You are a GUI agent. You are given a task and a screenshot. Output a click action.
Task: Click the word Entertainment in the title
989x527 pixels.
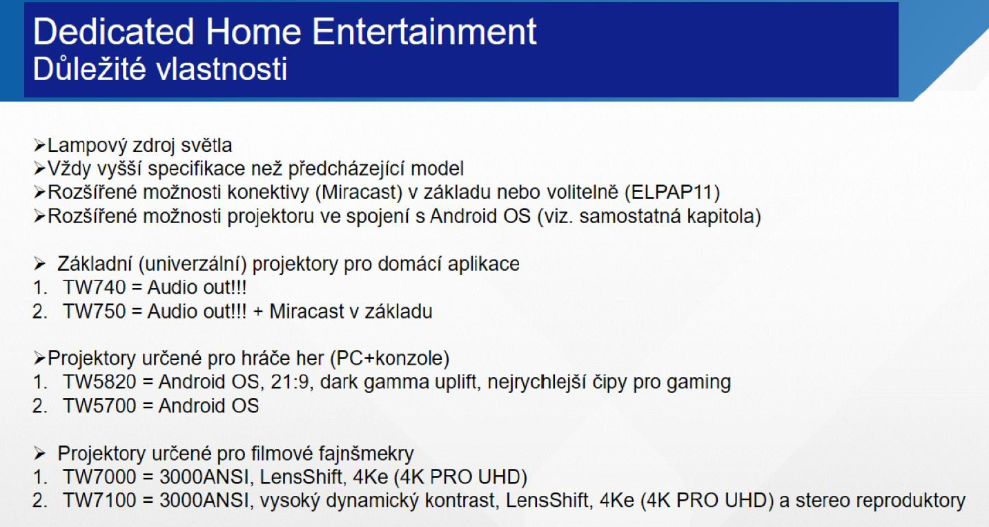click(424, 31)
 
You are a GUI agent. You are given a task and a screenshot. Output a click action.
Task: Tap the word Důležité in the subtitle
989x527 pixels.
click(89, 69)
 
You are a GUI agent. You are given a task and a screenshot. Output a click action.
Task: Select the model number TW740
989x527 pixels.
click(95, 287)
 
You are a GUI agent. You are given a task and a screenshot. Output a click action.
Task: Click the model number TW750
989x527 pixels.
click(95, 312)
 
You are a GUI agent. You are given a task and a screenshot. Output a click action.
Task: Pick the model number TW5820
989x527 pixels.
click(100, 382)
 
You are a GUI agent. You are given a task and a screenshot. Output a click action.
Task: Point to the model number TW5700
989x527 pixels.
click(100, 406)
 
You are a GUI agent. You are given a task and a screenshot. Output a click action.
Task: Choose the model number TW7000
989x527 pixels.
click(100, 477)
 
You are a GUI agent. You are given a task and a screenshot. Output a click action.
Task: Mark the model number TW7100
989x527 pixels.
click(100, 501)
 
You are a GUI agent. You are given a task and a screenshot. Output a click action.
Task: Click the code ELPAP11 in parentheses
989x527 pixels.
click(672, 193)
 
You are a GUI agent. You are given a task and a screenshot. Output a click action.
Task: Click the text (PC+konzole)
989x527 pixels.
click(390, 358)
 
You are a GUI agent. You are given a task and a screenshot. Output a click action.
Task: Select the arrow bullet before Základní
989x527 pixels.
click(39, 264)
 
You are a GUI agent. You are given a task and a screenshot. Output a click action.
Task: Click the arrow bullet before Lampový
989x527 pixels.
click(39, 145)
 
